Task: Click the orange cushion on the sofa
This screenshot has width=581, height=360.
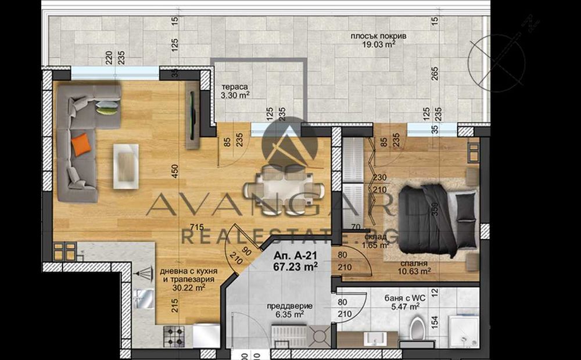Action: [x=82, y=143]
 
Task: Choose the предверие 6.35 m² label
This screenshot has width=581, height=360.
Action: [x=294, y=310]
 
